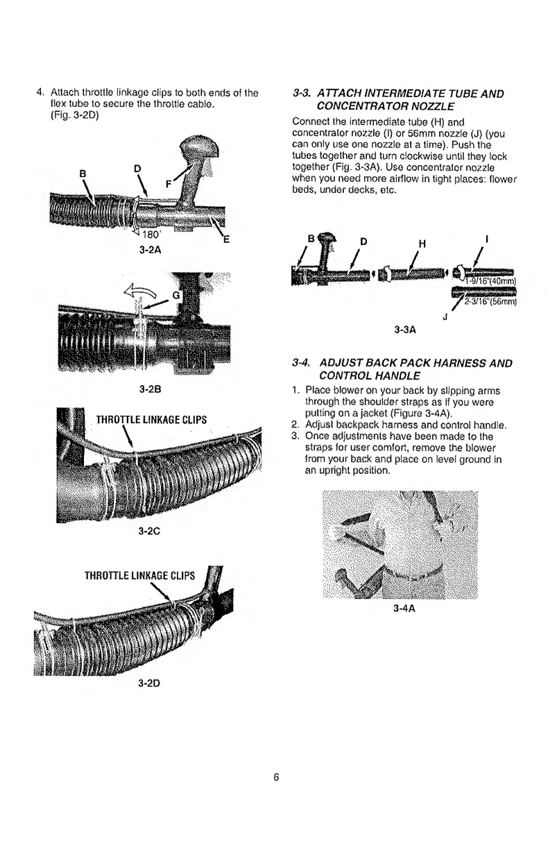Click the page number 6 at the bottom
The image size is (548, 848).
click(275, 777)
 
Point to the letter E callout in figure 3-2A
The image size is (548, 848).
click(226, 240)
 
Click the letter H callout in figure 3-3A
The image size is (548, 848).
click(420, 243)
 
